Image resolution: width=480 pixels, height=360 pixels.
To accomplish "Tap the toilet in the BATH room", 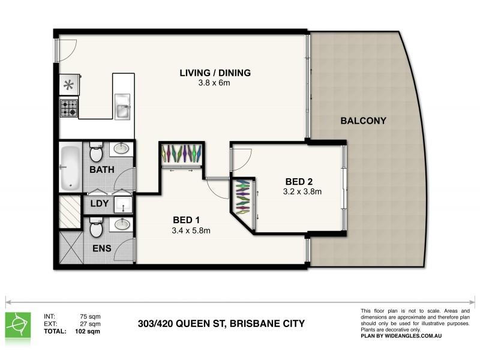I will pos(95,154).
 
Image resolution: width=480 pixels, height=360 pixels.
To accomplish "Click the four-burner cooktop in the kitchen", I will pos(68,109).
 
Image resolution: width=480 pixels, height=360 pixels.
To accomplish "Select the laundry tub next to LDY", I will pos(123,205).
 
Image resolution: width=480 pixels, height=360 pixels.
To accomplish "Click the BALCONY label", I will pos(363,121).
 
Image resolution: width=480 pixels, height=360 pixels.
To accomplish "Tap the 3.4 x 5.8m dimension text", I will pos(191,230).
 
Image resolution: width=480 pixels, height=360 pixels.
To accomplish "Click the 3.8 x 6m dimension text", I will pos(215,83).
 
